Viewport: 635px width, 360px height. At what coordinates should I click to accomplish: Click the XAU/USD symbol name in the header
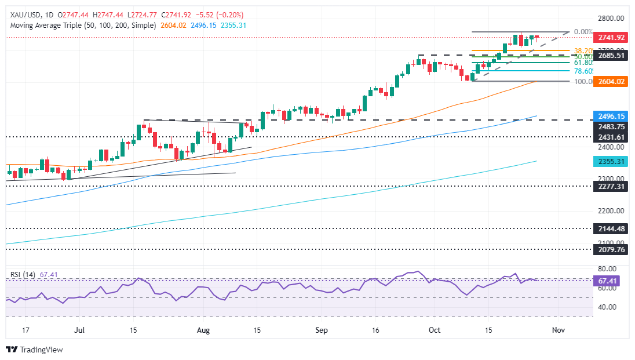[x=23, y=14]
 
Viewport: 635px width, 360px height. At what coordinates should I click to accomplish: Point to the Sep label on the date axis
[x=322, y=330]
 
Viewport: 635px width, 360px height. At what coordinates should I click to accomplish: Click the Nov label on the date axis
[x=558, y=330]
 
